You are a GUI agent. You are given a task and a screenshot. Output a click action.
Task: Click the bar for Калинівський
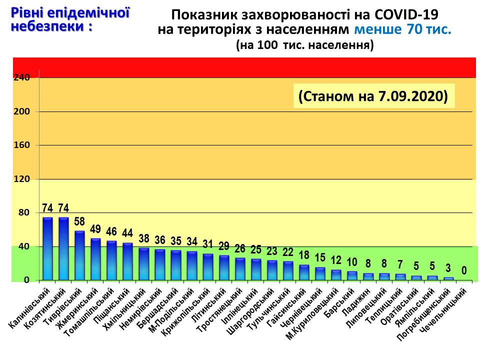pyautogui.click(x=47, y=248)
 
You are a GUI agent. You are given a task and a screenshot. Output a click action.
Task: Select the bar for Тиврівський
pyautogui.click(x=79, y=255)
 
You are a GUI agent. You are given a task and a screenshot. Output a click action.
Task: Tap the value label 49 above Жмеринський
pyautogui.click(x=95, y=229)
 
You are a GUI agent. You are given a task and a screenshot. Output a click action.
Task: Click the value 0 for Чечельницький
pyautogui.click(x=464, y=270)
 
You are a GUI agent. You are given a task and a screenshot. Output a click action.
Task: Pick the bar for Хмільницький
pyautogui.click(x=143, y=263)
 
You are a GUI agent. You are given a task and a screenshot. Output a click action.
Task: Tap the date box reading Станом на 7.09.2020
pyautogui.click(x=373, y=96)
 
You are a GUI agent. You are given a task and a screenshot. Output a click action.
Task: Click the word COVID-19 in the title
pyautogui.click(x=400, y=14)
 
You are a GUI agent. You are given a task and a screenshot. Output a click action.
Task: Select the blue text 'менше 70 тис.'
pyautogui.click(x=402, y=29)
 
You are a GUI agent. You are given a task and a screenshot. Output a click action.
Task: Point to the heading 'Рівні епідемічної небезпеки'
pyautogui.click(x=70, y=18)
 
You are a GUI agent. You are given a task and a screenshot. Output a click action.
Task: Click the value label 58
pyautogui.click(x=79, y=221)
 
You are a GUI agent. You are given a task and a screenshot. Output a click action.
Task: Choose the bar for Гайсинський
pyautogui.click(x=304, y=272)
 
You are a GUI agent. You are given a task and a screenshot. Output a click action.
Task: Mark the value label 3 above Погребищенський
pyautogui.click(x=448, y=268)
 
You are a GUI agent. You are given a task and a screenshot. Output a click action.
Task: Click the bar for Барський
pyautogui.click(x=352, y=275)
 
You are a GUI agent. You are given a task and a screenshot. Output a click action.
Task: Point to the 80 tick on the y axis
pyautogui.click(x=24, y=212)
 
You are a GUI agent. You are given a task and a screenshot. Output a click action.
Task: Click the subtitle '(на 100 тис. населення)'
pyautogui.click(x=305, y=45)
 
